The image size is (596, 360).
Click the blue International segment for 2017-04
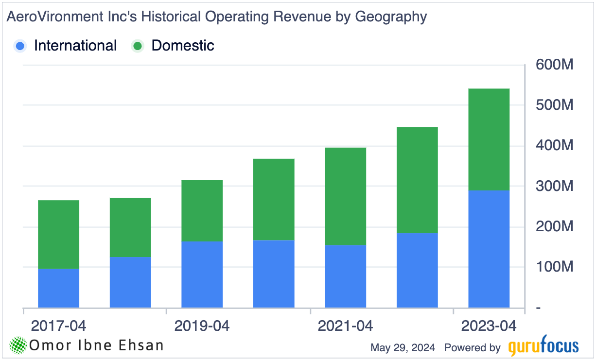click(x=58, y=288)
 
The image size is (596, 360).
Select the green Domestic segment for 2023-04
click(x=489, y=139)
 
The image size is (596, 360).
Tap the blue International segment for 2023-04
click(x=489, y=249)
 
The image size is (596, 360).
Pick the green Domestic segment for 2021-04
click(x=345, y=196)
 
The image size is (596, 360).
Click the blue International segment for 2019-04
click(x=202, y=274)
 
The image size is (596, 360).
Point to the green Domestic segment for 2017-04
click(x=58, y=235)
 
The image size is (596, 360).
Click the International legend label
click(x=75, y=46)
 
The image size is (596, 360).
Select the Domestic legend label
click(x=183, y=46)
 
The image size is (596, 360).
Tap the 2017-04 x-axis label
click(x=58, y=326)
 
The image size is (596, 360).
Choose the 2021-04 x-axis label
click(x=345, y=326)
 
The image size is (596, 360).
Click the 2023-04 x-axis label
click(x=489, y=326)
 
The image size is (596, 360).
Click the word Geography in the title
click(x=391, y=17)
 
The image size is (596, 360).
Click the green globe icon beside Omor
click(x=18, y=345)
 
